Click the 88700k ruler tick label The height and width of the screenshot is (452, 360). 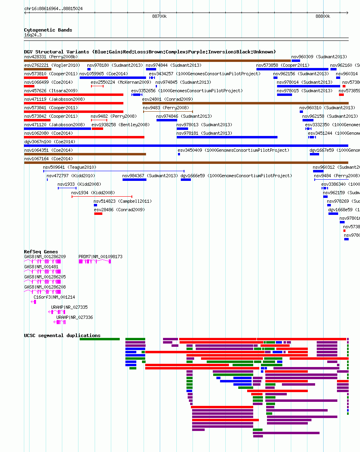pos(159,16)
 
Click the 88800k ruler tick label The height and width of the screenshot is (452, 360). pos(323,16)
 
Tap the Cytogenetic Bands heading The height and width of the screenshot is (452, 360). pos(48,30)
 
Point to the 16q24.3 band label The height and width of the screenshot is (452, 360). pos(33,35)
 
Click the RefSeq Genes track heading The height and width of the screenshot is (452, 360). pos(41,252)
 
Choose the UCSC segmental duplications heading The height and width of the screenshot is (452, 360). pos(62,335)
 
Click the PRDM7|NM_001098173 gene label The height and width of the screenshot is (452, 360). pos(100,257)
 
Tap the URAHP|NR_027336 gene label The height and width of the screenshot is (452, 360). pos(74,317)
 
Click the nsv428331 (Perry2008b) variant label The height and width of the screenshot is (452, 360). pos(51,57)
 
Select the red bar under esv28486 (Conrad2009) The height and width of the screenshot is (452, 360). pos(98,214)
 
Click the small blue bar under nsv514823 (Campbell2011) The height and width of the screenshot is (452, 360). pos(95,205)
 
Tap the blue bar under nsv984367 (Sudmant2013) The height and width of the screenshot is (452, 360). pos(134,180)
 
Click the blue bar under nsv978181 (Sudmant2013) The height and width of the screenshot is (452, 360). pos(227,137)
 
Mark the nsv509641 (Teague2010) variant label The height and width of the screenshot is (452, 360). pos(70,167)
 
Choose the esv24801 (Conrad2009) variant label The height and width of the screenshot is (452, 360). pos(167,99)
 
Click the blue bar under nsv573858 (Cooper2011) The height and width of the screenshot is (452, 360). pos(292,69)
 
